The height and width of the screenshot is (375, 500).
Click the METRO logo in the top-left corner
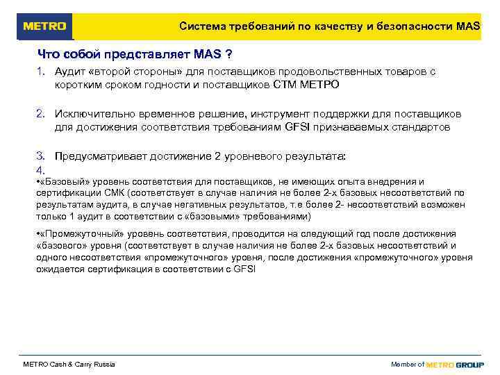pyautogui.click(x=45, y=26)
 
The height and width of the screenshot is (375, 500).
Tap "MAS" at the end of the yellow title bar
pyautogui.click(x=468, y=26)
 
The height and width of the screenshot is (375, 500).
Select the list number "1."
pyautogui.click(x=41, y=72)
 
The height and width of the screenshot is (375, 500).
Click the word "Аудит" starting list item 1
pyautogui.click(x=70, y=72)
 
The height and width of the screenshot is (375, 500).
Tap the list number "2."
pyautogui.click(x=41, y=114)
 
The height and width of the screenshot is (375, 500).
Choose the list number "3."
pyautogui.click(x=41, y=156)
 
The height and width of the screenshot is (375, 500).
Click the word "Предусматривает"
pyautogui.click(x=98, y=156)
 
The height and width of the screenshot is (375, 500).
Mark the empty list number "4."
pyautogui.click(x=41, y=170)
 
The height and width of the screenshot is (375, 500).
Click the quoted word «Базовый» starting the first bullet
pyautogui.click(x=60, y=182)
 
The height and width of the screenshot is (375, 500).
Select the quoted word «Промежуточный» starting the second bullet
pyautogui.click(x=76, y=234)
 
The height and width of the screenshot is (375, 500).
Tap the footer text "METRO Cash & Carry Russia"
pyautogui.click(x=69, y=365)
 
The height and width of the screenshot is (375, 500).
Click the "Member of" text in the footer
pyautogui.click(x=408, y=365)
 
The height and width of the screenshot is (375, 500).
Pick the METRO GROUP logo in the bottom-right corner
pyautogui.click(x=455, y=365)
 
